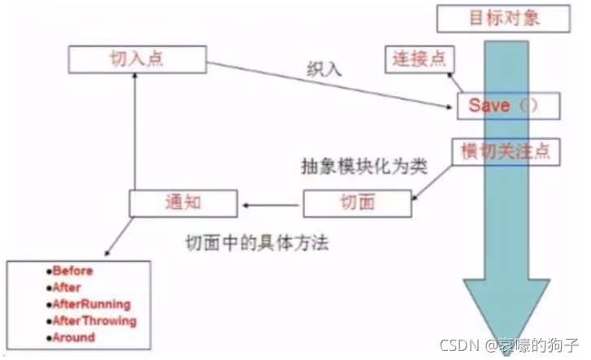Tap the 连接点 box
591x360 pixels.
tap(419, 59)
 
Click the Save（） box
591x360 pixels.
tap(502, 106)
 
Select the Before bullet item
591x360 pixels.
tap(72, 271)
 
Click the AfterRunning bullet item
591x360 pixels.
tap(89, 304)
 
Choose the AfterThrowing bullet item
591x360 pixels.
tap(92, 320)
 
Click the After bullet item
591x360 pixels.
tap(67, 288)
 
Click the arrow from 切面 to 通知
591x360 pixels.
tap(272, 203)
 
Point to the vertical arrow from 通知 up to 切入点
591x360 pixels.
tap(135, 130)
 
